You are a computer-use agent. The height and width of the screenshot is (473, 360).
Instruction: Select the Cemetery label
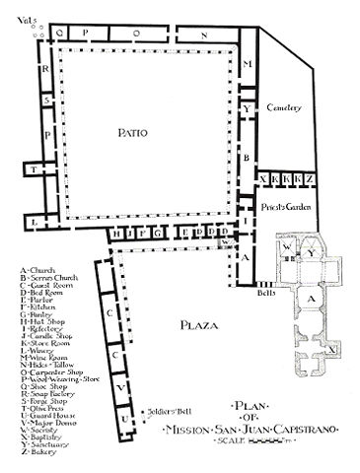coord(285,106)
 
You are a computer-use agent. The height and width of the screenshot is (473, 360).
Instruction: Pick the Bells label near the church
coord(264,293)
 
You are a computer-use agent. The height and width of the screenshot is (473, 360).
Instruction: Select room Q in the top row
coord(61,32)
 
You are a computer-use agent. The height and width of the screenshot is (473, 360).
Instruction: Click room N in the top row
coord(204,34)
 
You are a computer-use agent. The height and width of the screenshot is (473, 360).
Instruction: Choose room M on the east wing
coord(249,63)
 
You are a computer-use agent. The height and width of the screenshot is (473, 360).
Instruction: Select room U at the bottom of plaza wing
coord(124,423)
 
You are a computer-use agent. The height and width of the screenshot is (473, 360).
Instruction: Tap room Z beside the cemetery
coord(310,178)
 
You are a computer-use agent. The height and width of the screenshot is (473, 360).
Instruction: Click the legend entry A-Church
coord(39,269)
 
